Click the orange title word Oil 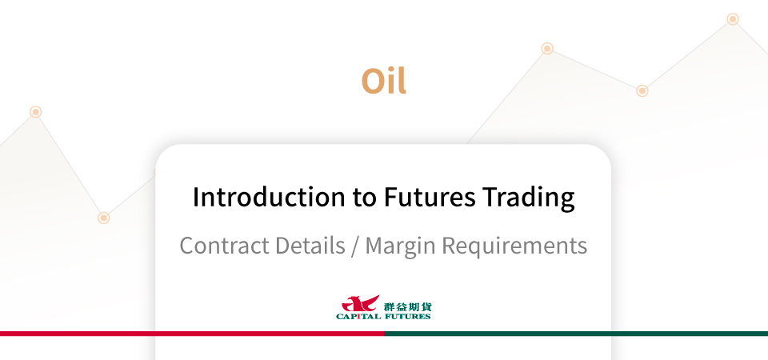coord(383,81)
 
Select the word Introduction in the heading coord(269,197)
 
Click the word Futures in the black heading coord(429,198)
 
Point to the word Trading coord(528,198)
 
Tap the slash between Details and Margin coord(355,246)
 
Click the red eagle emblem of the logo coord(360,304)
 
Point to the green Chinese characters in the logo coord(407,307)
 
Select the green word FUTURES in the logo coord(407,317)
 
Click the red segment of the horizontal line coord(192,334)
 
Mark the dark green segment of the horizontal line coord(576,334)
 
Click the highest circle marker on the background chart coord(733,19)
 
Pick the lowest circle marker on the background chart coord(103,218)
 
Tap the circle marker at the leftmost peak coord(35,112)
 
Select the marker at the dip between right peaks coord(642,90)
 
